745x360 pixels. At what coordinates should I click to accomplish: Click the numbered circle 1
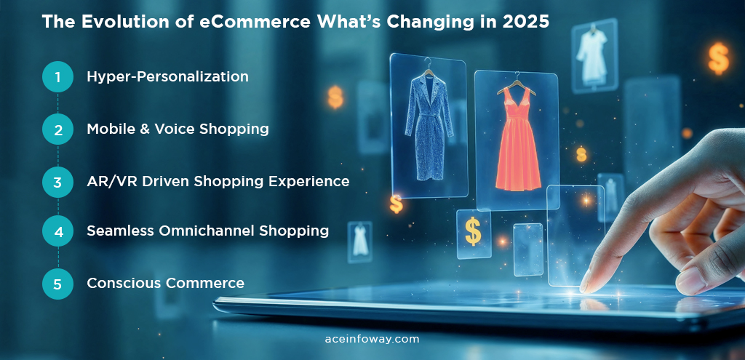coord(57,76)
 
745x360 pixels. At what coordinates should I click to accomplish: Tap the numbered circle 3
coord(57,182)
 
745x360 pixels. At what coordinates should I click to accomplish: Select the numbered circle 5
coord(57,284)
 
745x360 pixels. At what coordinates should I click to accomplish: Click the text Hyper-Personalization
coord(167,76)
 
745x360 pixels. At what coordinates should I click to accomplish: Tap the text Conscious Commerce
coord(165,283)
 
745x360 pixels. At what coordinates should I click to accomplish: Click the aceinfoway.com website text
coord(372,339)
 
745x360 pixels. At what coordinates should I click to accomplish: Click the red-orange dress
coord(518,142)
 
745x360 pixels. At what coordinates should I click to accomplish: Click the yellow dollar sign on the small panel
coord(473,231)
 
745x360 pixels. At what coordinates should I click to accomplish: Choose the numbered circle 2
coord(57,129)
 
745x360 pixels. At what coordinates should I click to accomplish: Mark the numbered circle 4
coord(57,231)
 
